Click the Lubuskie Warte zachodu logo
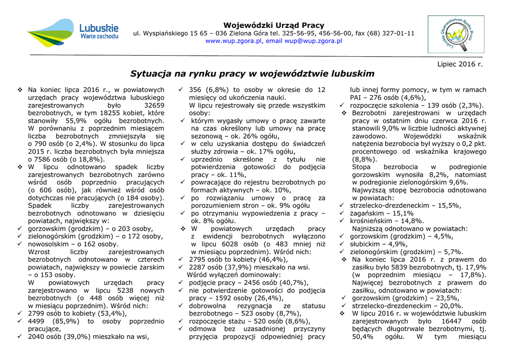(x=73, y=32)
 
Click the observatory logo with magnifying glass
(x=456, y=34)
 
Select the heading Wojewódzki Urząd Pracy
(x=273, y=25)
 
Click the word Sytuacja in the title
(x=150, y=74)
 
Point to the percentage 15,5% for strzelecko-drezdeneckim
(x=449, y=205)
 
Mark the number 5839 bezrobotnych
(x=403, y=267)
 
